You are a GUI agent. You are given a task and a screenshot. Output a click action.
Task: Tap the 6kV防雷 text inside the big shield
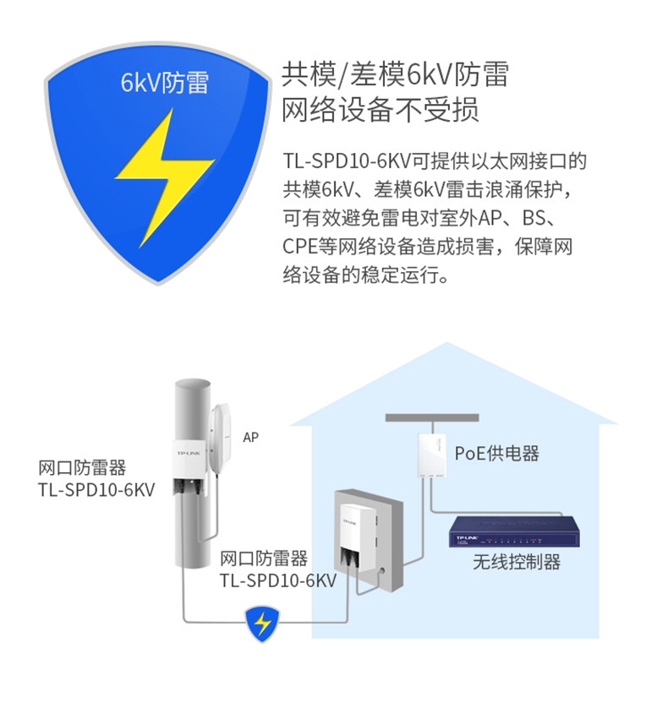click(164, 84)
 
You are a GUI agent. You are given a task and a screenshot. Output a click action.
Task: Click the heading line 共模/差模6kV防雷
click(395, 75)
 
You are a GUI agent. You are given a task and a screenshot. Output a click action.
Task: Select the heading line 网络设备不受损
click(381, 111)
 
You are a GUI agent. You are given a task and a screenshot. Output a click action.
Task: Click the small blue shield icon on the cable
click(263, 624)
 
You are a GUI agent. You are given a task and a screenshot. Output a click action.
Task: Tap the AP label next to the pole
click(250, 438)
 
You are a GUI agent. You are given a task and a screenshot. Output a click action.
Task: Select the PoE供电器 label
click(496, 454)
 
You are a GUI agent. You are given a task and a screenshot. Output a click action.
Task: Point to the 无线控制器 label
click(516, 562)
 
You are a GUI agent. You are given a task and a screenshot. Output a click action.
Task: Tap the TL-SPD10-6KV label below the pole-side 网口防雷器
click(96, 490)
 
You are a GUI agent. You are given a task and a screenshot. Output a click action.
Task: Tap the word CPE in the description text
click(299, 248)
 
